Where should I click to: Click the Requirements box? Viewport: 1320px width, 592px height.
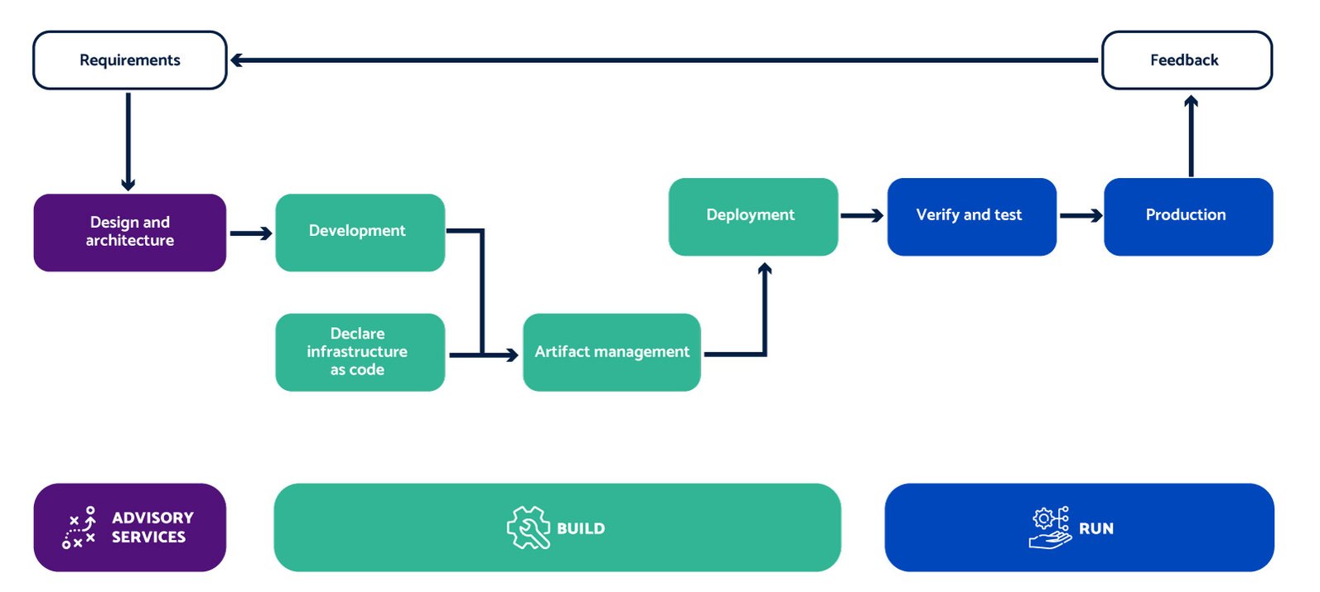(x=129, y=60)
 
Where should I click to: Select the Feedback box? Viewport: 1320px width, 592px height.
(x=1187, y=60)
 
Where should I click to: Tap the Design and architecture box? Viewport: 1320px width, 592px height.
(x=129, y=232)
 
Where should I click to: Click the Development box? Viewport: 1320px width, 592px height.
(x=360, y=232)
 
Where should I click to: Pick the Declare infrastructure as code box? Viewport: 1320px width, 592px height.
(x=360, y=352)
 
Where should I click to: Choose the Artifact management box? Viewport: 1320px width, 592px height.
(x=612, y=352)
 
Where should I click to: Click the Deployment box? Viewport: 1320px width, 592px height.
(x=753, y=216)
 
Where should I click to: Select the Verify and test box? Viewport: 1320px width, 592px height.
(x=972, y=216)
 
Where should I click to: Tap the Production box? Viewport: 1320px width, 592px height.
(x=1188, y=216)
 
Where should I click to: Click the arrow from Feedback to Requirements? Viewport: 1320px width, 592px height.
(x=664, y=60)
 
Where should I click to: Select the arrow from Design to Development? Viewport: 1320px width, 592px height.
(x=251, y=233)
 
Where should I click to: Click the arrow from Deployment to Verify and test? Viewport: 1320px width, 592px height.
(x=862, y=215)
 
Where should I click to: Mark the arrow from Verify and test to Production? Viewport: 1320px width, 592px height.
(x=1081, y=215)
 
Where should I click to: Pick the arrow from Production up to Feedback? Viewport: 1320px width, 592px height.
(x=1191, y=136)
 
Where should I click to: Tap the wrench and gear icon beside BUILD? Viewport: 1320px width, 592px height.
(x=528, y=527)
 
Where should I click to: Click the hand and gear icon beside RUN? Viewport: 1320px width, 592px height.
(x=1050, y=527)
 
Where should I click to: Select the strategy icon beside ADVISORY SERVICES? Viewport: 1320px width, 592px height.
(x=79, y=527)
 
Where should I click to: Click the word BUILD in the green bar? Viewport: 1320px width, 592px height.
(x=581, y=528)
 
